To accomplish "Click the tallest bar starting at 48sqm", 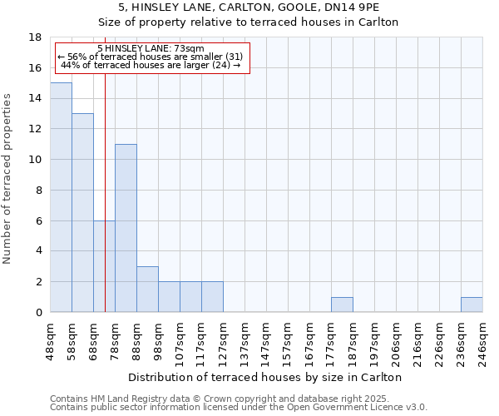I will [x=61, y=197].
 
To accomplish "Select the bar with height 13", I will [x=82, y=212].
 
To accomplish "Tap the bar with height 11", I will [x=126, y=228].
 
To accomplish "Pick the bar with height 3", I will [x=147, y=289].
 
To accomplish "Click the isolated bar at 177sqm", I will [x=342, y=305].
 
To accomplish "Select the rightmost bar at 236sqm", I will [x=472, y=305].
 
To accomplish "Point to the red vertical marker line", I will [x=106, y=208].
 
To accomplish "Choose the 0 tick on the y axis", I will [x=38, y=312].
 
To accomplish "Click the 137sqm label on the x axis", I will [x=245, y=339].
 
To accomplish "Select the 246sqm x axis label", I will [x=482, y=339].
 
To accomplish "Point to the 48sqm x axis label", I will [x=51, y=339].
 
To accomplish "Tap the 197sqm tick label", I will [x=375, y=339].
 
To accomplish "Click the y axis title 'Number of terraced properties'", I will [x=8, y=178].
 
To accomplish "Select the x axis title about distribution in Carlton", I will [x=265, y=377].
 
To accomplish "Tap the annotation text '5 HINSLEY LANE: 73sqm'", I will [x=151, y=49].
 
